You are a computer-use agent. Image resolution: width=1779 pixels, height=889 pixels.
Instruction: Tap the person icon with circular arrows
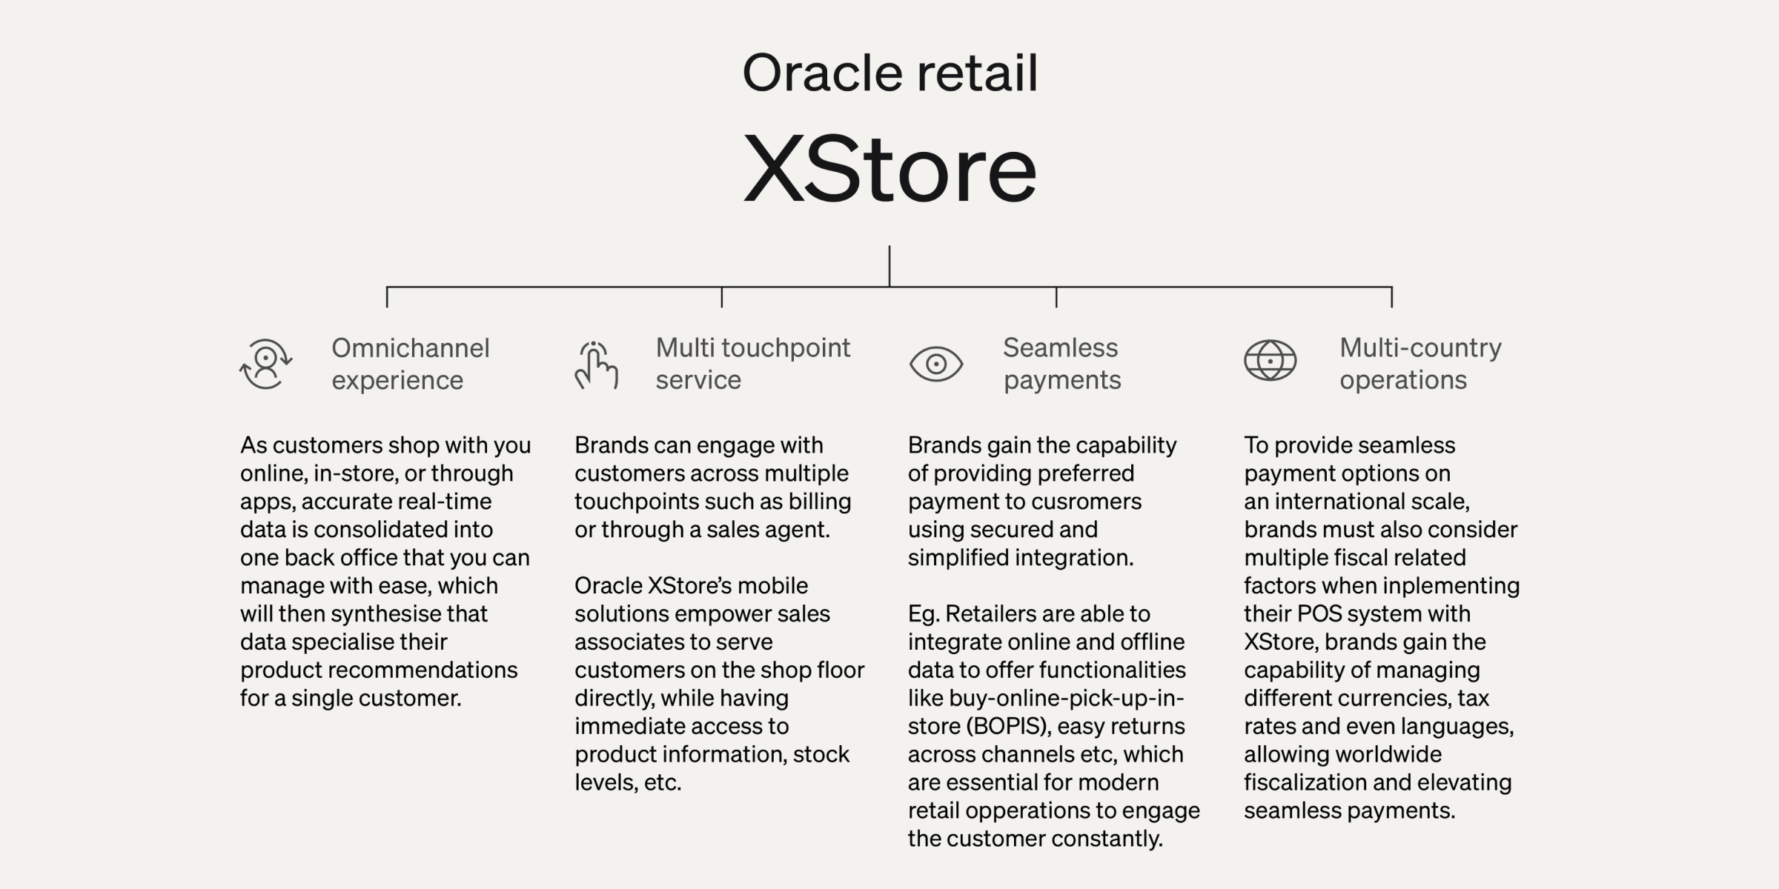tap(265, 364)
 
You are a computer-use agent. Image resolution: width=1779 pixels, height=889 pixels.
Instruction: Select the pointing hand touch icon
tap(596, 364)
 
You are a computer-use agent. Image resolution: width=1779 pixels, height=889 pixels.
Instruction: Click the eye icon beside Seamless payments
tap(936, 364)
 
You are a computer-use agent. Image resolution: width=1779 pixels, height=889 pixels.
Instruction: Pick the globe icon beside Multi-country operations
tap(1271, 361)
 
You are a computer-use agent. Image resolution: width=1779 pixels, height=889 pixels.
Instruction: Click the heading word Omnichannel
tap(411, 348)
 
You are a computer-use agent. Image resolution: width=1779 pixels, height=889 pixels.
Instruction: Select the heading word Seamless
tap(1060, 347)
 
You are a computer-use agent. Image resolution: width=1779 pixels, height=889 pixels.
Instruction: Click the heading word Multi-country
tap(1420, 348)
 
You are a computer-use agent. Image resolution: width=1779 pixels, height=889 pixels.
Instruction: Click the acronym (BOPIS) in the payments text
tap(1008, 726)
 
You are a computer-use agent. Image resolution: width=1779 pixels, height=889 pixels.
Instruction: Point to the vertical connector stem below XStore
tap(889, 266)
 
